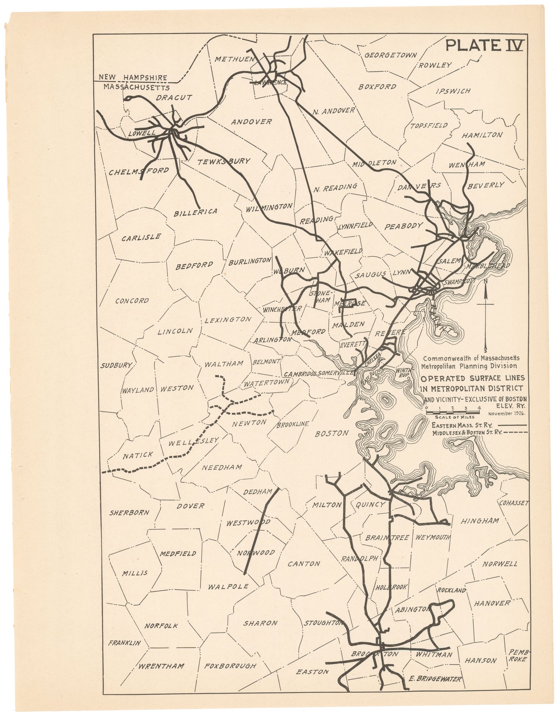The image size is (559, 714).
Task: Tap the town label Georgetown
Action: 391,55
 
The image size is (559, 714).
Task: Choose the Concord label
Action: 132,301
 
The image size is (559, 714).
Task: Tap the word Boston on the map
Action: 332,433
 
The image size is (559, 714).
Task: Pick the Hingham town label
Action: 479,521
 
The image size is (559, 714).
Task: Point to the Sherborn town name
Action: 129,513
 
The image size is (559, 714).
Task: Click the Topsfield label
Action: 429,126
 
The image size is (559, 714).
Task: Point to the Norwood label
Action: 256,553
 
